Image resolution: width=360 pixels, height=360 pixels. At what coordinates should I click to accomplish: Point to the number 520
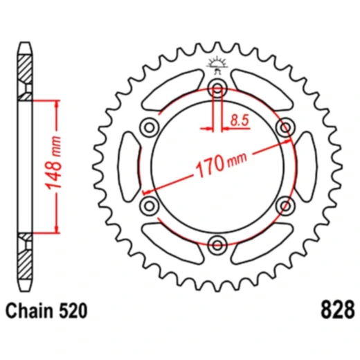pos(73,311)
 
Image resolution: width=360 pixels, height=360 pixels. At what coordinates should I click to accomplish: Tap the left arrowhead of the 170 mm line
pos(146,192)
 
